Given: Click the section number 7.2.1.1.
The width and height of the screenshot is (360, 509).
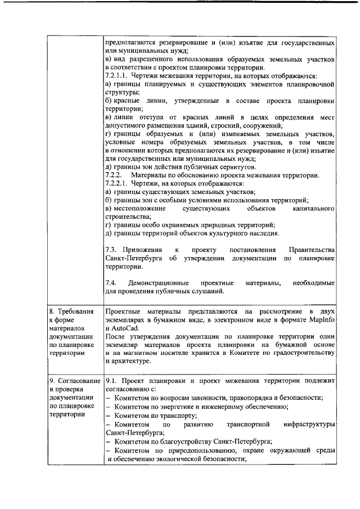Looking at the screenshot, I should coord(117,75).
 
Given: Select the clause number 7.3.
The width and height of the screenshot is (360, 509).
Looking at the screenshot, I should coord(111,249).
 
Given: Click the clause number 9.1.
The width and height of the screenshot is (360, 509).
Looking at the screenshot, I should coord(111,380).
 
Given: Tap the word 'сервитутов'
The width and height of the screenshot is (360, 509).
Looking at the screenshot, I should coord(236,167).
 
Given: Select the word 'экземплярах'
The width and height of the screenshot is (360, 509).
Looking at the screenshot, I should coord(127,319).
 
